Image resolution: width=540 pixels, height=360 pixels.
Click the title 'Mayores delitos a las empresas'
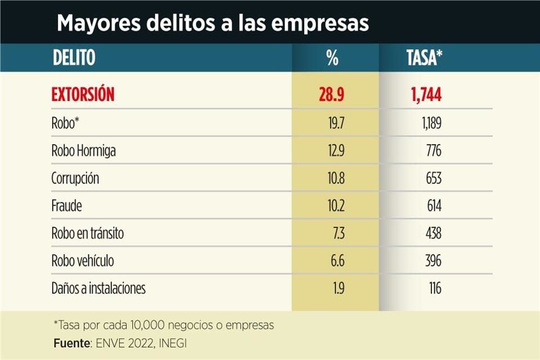213,23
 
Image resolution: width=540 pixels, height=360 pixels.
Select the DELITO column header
74,57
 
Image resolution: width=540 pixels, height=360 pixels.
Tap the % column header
332,57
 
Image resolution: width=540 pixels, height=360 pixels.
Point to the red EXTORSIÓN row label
83,94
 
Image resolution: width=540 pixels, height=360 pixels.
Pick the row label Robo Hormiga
84,151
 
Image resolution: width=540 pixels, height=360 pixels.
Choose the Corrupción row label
75,179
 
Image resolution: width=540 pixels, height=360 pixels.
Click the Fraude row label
66,206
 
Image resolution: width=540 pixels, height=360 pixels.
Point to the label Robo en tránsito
87,234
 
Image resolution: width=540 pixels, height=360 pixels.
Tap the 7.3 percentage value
336,234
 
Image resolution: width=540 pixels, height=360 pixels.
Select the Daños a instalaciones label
98,289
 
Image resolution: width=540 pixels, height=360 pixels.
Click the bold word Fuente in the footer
70,343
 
